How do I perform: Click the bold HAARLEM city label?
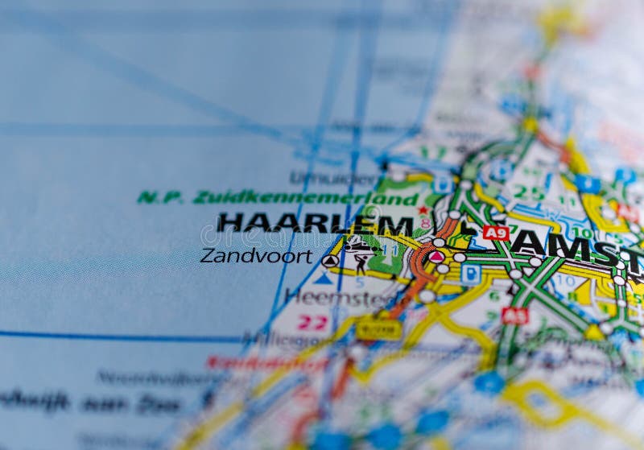click(315, 223)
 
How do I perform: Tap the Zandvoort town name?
click(256, 256)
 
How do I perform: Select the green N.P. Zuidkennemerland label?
click(277, 197)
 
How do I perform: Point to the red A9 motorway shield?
click(496, 233)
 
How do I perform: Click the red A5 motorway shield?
click(514, 315)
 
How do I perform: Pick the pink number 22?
click(312, 323)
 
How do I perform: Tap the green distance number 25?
click(529, 193)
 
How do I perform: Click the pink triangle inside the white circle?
click(436, 257)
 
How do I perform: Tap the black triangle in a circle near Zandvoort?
click(330, 261)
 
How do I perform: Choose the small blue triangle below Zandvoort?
click(323, 279)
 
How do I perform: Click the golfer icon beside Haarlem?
click(360, 261)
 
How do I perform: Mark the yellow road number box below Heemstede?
click(378, 328)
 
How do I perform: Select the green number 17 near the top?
click(433, 152)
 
